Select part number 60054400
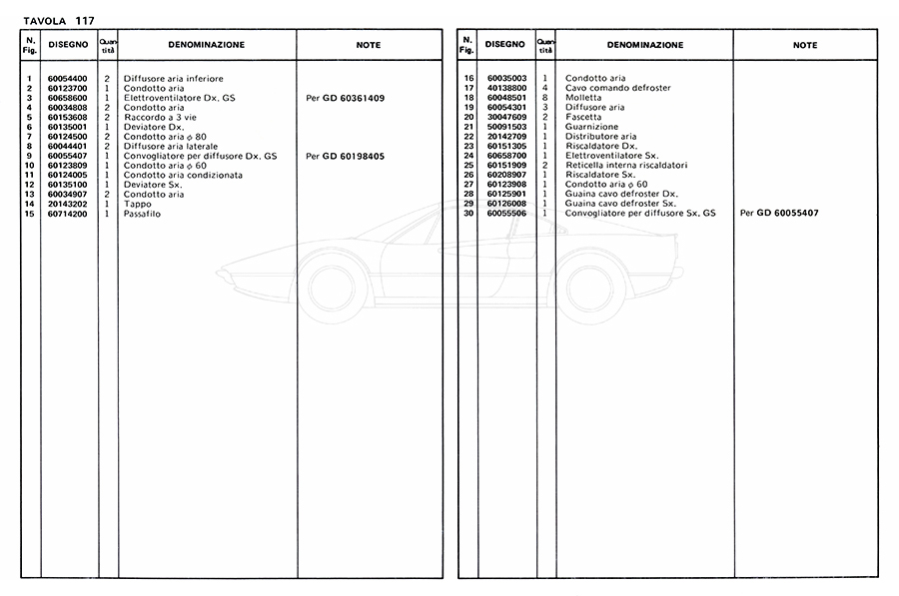tap(68, 79)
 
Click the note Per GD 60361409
tap(345, 98)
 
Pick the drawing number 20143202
tap(68, 205)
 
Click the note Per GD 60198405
tap(345, 157)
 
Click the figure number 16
tap(467, 79)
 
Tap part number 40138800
tap(507, 88)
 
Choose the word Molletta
tap(583, 98)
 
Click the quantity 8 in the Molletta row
tap(545, 98)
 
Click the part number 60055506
tap(507, 215)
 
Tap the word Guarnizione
tap(591, 127)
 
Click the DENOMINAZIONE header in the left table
tap(206, 45)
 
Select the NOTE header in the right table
tap(804, 45)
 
